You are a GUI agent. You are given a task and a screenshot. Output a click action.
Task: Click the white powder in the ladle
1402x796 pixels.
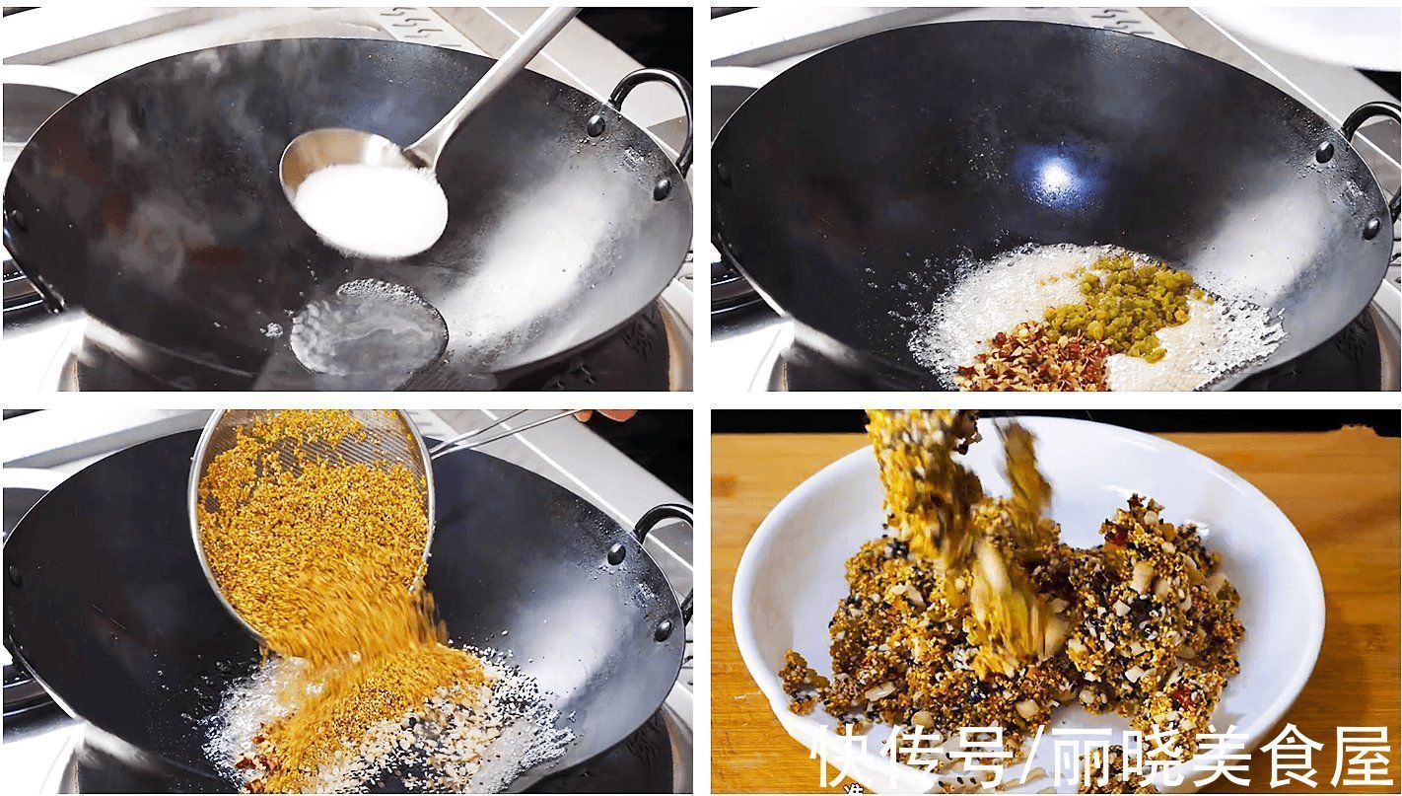click(x=370, y=208)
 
